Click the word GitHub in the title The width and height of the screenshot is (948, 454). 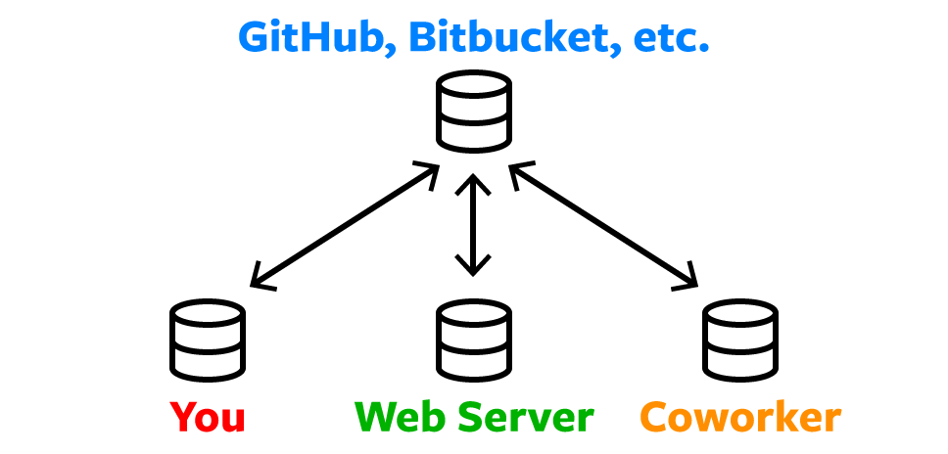312,37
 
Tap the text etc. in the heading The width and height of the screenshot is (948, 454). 672,39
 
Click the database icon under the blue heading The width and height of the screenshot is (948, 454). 474,112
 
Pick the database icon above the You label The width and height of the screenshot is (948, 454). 208,340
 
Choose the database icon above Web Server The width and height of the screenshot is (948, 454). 474,340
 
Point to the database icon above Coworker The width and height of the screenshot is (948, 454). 740,340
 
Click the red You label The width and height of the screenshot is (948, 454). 208,417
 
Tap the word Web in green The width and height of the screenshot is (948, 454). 401,417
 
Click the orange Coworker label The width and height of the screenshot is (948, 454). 740,417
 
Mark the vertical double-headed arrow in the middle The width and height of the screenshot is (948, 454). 473,225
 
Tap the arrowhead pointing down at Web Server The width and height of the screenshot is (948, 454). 473,265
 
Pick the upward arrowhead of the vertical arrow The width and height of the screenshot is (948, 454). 473,184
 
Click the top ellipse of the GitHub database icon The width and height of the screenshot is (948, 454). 474,86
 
